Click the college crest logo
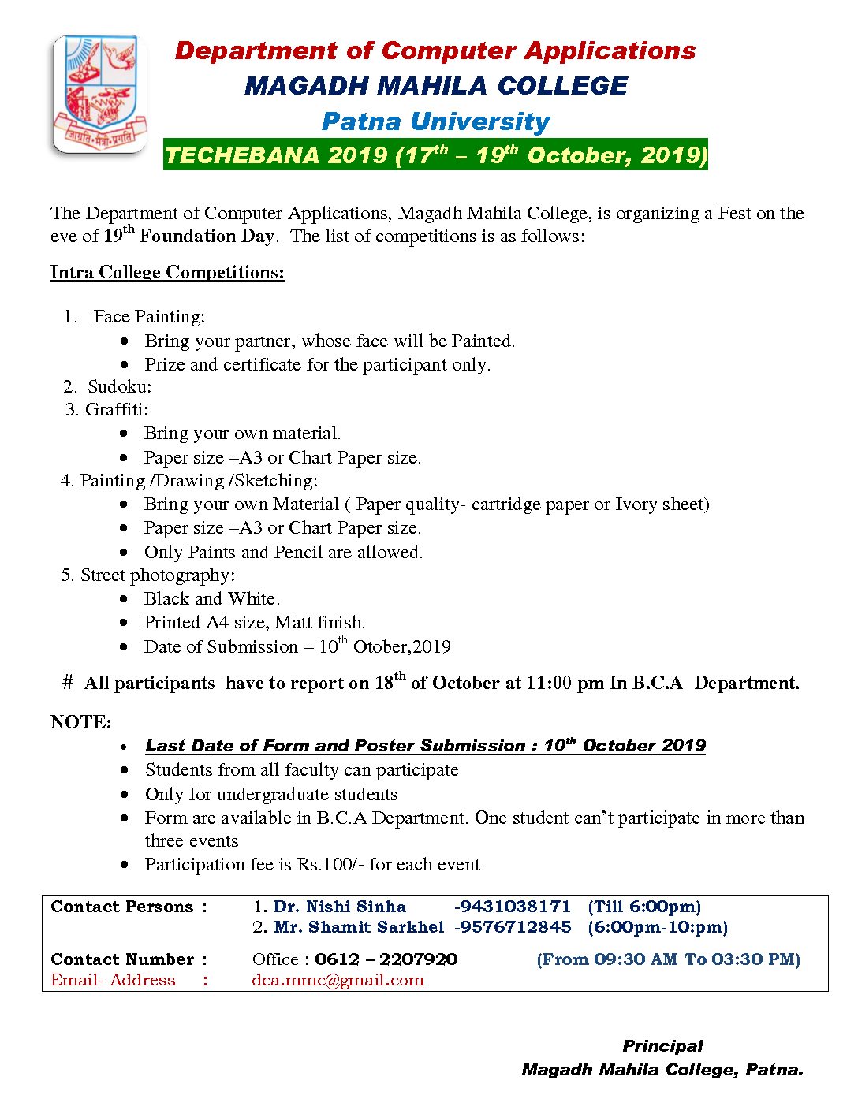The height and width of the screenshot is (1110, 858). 100,94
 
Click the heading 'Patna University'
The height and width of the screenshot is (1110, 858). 435,121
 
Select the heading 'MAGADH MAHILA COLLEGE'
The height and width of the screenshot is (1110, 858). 435,86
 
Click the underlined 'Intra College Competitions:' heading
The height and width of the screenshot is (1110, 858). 167,272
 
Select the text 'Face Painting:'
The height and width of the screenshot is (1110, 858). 149,316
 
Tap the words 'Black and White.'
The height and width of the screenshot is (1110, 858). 211,598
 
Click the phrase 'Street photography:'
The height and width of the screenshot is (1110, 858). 158,575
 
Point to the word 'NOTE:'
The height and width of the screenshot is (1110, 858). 81,722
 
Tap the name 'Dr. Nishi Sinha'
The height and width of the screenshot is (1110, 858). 339,907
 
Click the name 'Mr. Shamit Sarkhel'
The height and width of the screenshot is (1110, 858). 359,927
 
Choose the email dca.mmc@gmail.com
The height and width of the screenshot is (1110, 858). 338,980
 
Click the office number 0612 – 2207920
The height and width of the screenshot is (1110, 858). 386,959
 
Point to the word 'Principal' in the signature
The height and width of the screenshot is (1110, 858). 662,1046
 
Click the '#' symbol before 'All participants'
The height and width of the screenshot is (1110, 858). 68,683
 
